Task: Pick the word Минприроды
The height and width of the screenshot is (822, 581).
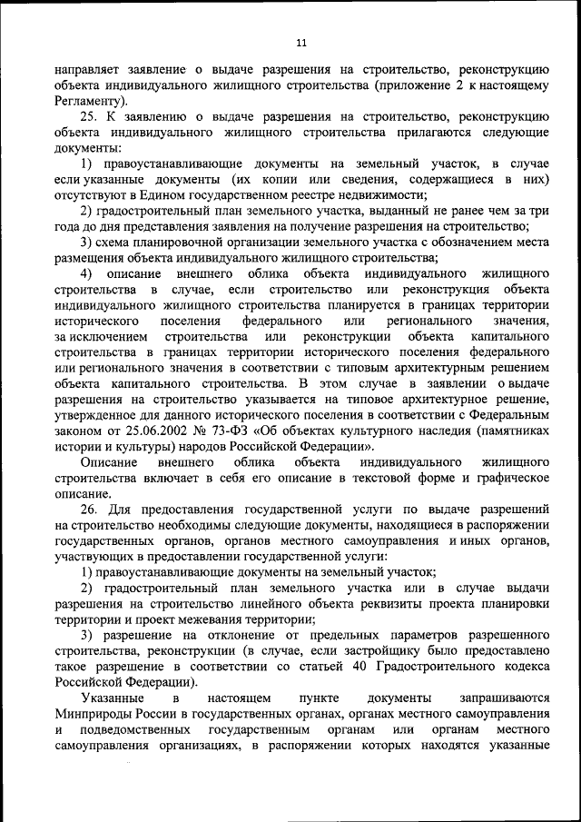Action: [93, 713]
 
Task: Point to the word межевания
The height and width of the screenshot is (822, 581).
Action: [205, 619]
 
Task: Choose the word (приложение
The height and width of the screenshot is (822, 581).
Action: [413, 84]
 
